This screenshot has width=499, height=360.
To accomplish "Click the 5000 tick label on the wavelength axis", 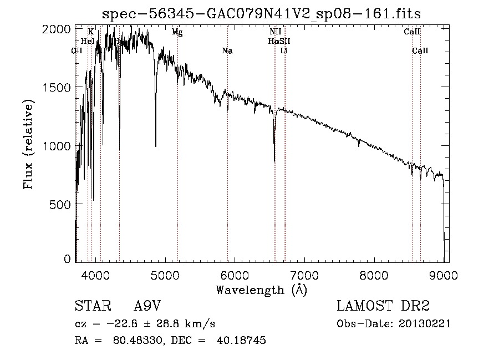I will pyautogui.click(x=165, y=274).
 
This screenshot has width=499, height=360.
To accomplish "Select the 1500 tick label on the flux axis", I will pyautogui.click(x=58, y=87).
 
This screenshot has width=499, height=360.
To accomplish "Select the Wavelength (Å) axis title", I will pyautogui.click(x=261, y=290).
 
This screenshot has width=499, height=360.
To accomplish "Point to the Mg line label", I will pyautogui.click(x=177, y=32).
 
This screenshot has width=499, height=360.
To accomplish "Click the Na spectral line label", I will pyautogui.click(x=227, y=51).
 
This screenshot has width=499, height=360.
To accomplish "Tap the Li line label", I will pyautogui.click(x=284, y=51).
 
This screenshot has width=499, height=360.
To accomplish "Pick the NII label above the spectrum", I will pyautogui.click(x=275, y=32).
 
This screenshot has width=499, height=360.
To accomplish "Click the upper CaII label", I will pyautogui.click(x=412, y=32).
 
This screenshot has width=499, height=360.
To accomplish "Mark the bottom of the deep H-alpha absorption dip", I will pyautogui.click(x=274, y=161).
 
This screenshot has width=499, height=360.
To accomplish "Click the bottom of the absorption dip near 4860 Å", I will pyautogui.click(x=155, y=146).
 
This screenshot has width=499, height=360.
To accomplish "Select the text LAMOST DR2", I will pyautogui.click(x=383, y=306).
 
